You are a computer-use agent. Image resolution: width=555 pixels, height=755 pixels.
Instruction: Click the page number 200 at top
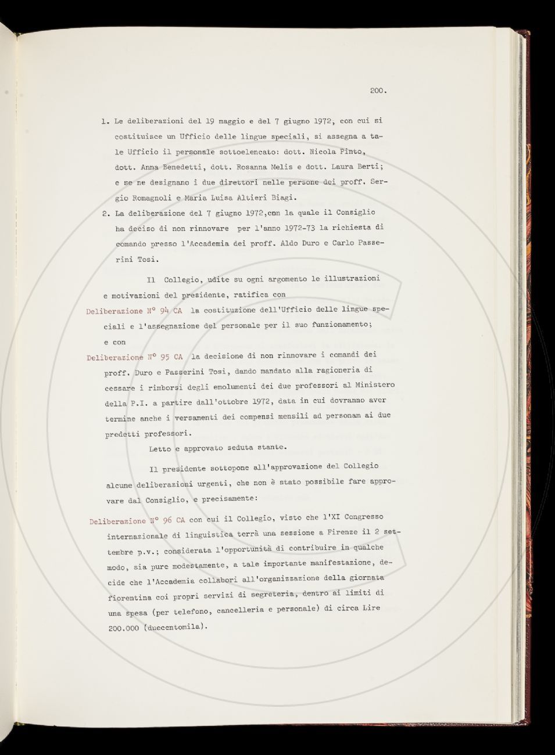tap(378, 91)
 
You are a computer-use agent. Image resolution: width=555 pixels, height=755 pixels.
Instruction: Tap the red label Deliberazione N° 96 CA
tap(138, 520)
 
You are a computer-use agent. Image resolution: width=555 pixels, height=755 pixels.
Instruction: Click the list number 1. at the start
tap(105, 122)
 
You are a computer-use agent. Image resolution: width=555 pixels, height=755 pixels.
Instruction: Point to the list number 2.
tap(106, 214)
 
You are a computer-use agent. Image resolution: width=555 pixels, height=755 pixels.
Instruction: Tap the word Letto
tap(160, 448)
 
